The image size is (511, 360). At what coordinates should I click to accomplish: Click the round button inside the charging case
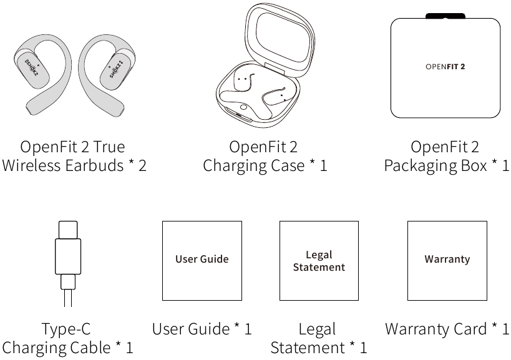click(x=243, y=107)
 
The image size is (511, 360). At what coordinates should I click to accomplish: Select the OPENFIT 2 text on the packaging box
click(x=445, y=67)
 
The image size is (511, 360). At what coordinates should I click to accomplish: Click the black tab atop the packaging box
click(x=445, y=16)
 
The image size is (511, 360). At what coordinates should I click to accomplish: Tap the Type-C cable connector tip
click(x=68, y=230)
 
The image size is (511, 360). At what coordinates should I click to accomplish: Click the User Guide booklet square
click(x=202, y=261)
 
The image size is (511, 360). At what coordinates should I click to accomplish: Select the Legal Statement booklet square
click(x=319, y=261)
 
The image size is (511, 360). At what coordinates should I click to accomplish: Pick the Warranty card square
click(x=447, y=261)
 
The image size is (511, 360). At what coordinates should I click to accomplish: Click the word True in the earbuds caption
click(x=109, y=147)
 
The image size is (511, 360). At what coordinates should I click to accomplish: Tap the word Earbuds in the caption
click(x=94, y=165)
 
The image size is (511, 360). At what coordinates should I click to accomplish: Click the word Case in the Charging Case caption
click(x=288, y=165)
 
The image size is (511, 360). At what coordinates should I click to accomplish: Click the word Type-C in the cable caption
click(x=66, y=329)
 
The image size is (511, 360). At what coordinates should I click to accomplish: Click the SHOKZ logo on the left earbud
click(x=31, y=68)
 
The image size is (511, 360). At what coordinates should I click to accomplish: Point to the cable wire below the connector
click(x=68, y=298)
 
